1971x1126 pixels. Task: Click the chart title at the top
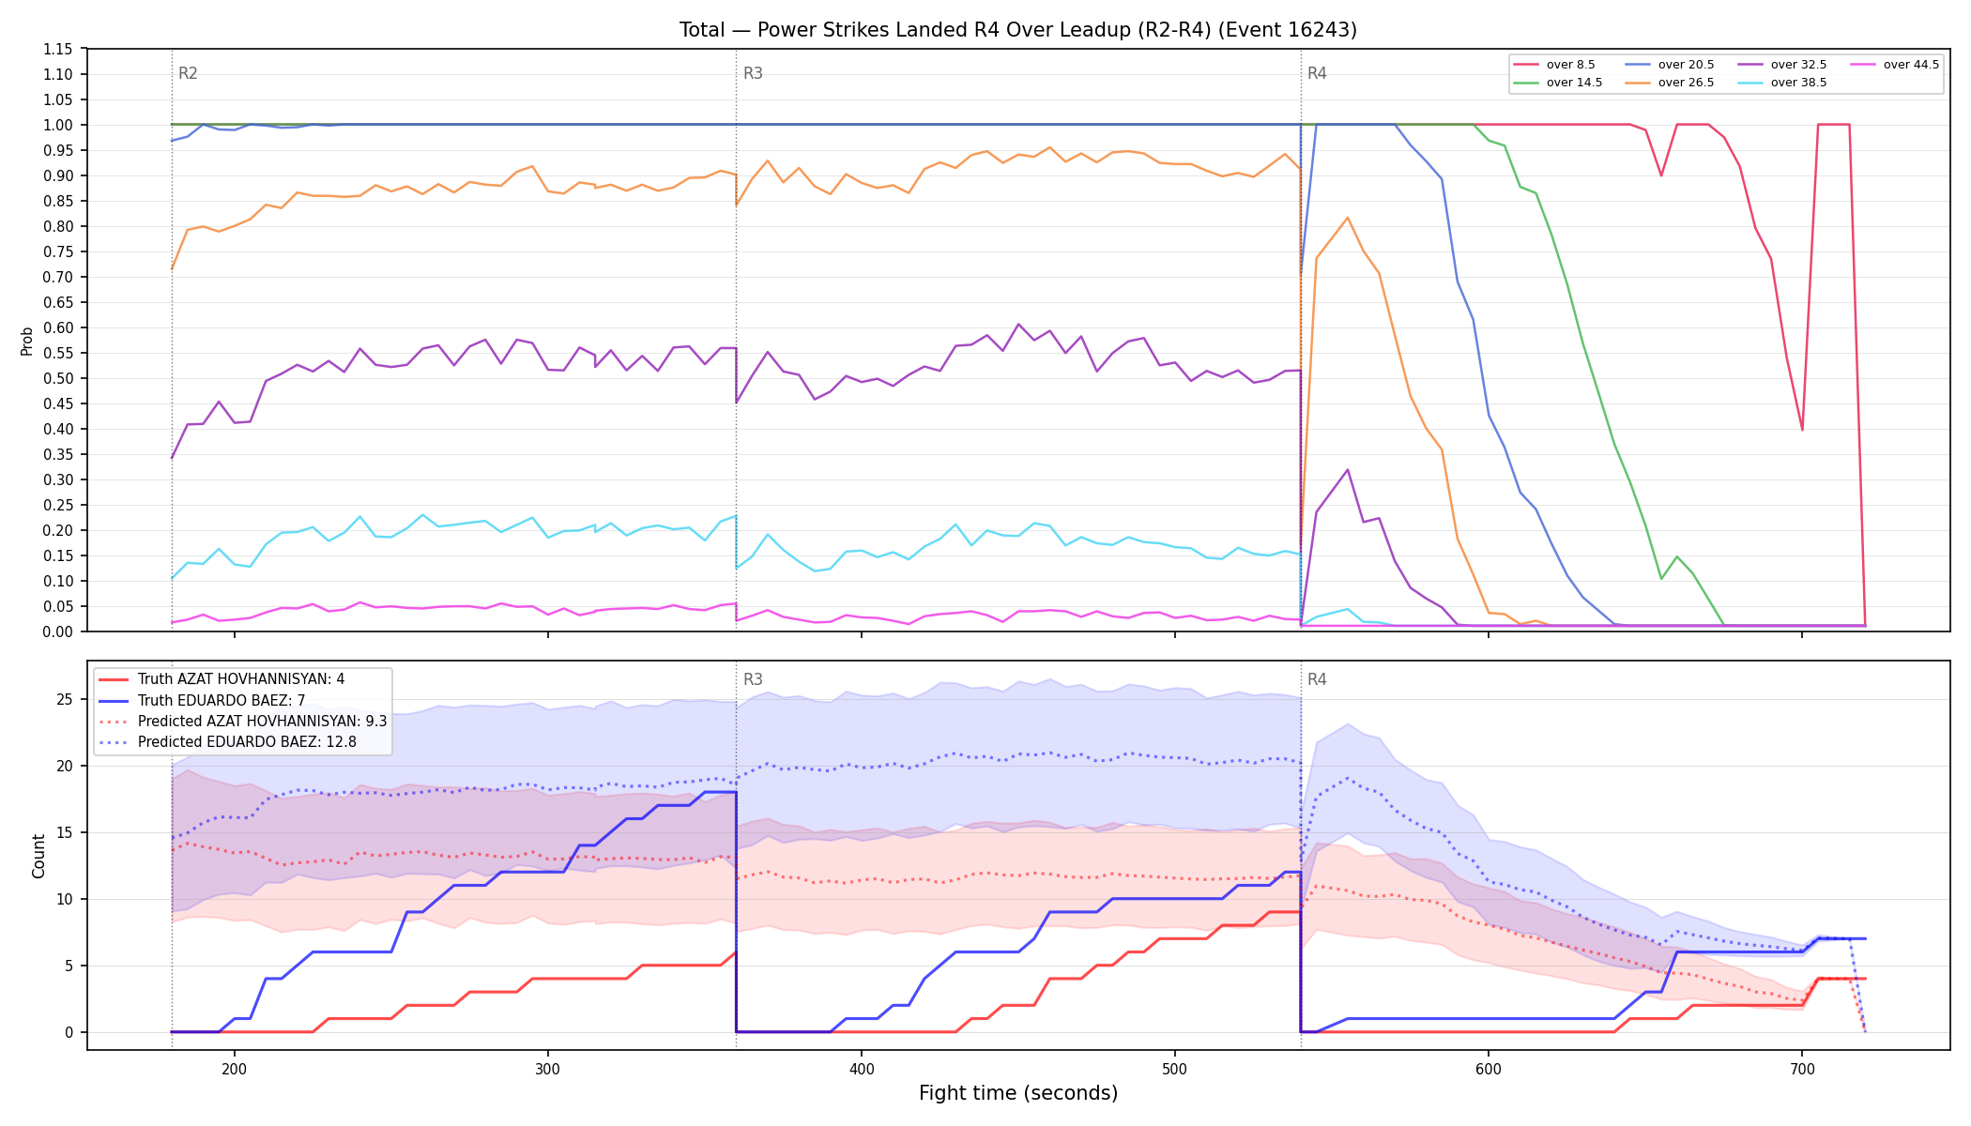(x=1018, y=30)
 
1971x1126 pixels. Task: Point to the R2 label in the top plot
(x=188, y=73)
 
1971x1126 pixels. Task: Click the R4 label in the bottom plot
(x=1317, y=679)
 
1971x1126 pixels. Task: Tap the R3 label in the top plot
(x=753, y=73)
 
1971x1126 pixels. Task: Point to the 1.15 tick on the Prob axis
(x=58, y=49)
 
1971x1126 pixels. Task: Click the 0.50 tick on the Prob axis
(x=58, y=378)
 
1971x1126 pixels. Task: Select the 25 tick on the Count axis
(x=65, y=699)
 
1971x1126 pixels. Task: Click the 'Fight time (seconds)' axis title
(x=1018, y=1093)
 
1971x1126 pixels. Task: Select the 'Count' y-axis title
(x=39, y=856)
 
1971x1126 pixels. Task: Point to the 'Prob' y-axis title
(x=27, y=341)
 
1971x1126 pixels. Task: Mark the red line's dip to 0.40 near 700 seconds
(x=1802, y=430)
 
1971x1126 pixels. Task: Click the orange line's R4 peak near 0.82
(x=1348, y=218)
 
